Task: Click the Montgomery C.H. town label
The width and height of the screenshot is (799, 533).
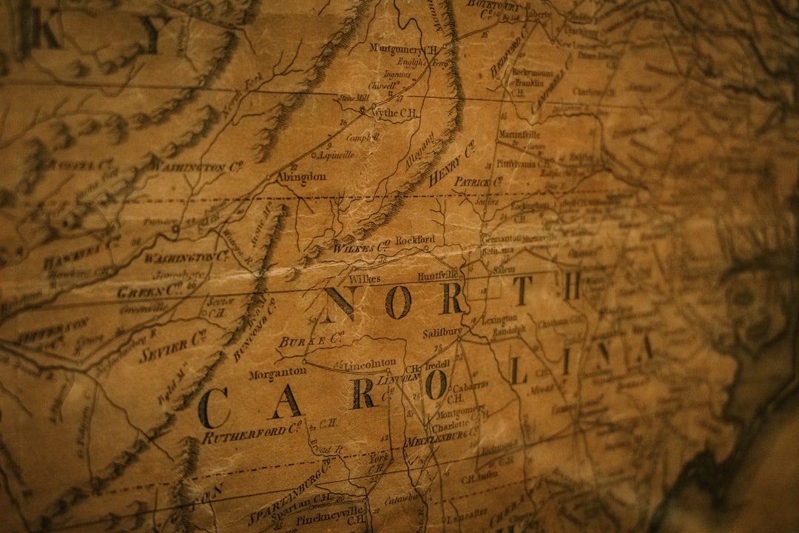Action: click(x=403, y=49)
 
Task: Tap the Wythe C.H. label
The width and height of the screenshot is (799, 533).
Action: click(x=394, y=113)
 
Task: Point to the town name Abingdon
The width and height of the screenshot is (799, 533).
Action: click(x=301, y=177)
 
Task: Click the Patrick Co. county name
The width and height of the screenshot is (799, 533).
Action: click(x=477, y=181)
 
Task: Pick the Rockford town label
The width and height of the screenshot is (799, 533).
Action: click(x=415, y=241)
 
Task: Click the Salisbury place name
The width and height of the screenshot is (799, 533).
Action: click(x=442, y=332)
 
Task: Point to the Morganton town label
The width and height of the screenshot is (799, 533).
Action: click(x=277, y=374)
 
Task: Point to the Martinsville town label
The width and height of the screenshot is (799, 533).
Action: click(x=519, y=135)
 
